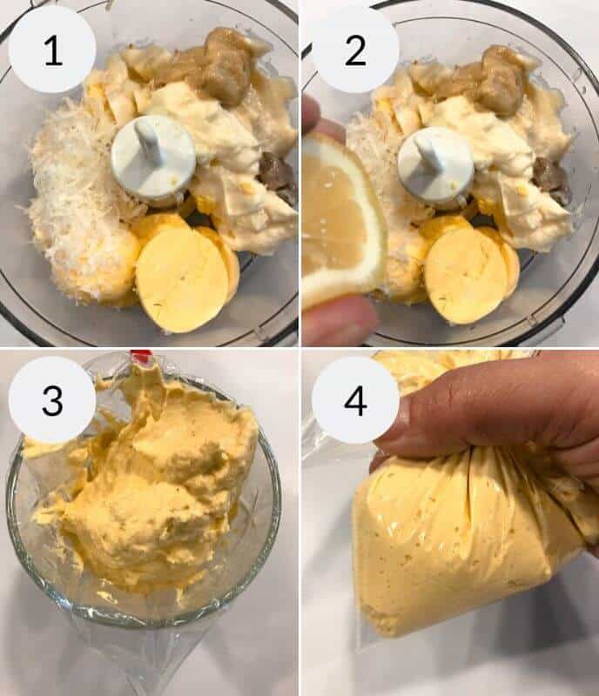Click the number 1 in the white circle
(52, 50)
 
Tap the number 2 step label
(355, 50)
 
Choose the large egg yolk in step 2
(466, 274)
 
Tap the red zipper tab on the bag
(140, 356)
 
